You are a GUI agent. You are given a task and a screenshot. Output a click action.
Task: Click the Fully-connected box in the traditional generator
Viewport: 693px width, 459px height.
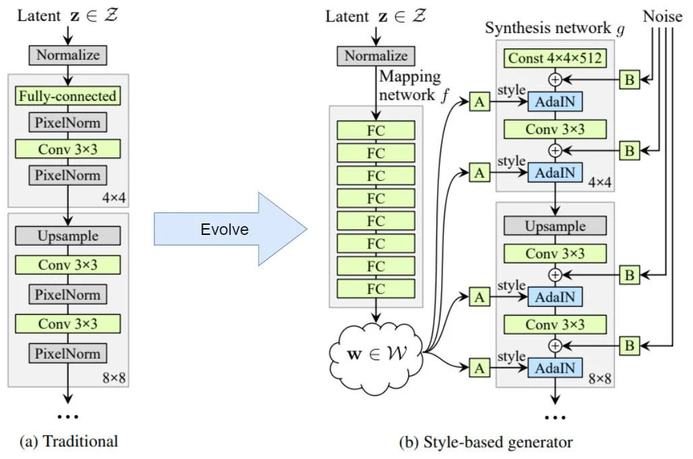[x=67, y=96]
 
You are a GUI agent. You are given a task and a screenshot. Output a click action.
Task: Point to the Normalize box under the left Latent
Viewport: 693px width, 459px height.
[x=67, y=55]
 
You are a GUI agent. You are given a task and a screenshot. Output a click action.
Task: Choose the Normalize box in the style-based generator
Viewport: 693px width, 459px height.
[x=376, y=56]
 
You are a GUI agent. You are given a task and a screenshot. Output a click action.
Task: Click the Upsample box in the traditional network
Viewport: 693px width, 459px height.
[x=67, y=236]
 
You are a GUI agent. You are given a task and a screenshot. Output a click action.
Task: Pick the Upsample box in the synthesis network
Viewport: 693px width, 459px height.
[x=555, y=225]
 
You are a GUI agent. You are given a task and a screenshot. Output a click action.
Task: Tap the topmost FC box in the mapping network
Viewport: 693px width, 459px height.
[x=376, y=131]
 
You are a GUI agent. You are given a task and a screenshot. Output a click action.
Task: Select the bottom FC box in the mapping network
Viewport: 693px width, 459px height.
[x=376, y=289]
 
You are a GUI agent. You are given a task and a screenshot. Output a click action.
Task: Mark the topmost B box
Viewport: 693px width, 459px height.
[x=629, y=80]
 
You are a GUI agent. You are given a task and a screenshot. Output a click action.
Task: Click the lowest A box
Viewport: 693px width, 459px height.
[x=479, y=367]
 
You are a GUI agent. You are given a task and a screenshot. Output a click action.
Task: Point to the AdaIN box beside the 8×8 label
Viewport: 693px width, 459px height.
[x=555, y=367]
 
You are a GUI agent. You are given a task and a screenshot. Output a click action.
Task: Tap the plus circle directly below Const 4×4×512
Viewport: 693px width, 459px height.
[x=555, y=79]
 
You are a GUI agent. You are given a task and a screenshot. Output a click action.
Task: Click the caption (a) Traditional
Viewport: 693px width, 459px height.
[x=69, y=442]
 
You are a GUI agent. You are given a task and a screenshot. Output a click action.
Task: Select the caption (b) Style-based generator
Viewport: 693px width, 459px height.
[x=486, y=442]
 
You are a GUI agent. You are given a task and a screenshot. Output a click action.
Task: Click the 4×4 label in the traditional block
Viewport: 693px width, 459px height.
[x=113, y=197]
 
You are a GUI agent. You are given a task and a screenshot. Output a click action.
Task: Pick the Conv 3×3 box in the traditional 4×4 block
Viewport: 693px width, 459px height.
[x=67, y=149]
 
